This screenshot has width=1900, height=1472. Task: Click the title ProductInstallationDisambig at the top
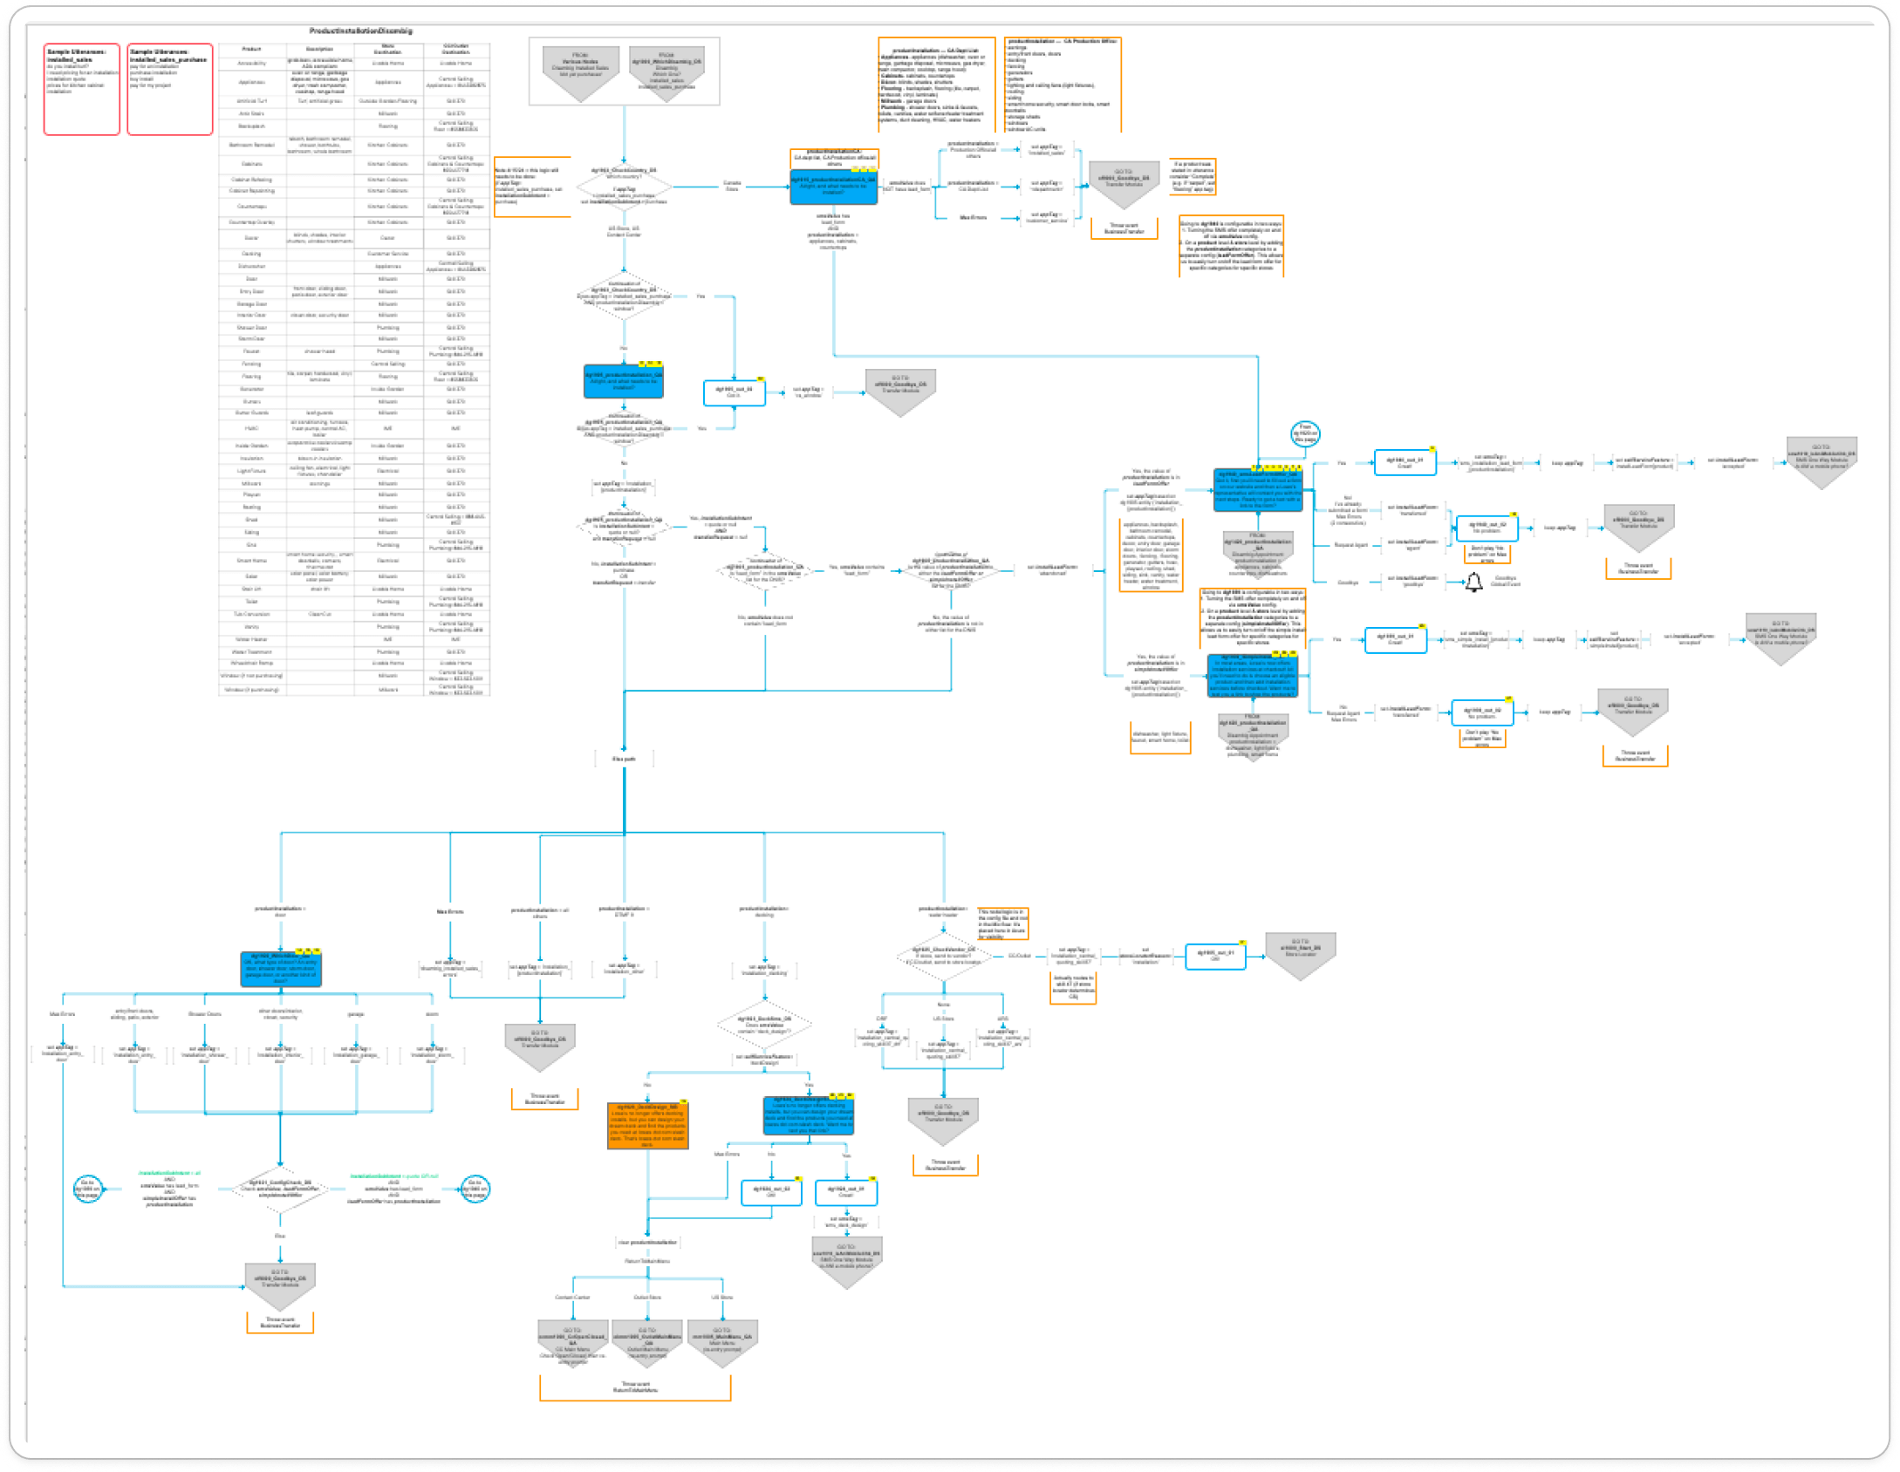[360, 31]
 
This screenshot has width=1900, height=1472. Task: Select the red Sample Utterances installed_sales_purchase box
[170, 89]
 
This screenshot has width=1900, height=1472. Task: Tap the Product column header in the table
[251, 50]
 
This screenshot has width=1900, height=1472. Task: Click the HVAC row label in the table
[251, 428]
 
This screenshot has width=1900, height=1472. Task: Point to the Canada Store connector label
[732, 186]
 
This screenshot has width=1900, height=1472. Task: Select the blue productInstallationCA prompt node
[833, 187]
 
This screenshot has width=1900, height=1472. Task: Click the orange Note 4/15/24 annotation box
[532, 187]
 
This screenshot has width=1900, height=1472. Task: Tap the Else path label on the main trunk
[624, 759]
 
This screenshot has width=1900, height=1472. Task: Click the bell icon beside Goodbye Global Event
[1473, 583]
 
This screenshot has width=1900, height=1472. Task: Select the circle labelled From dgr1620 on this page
[1304, 433]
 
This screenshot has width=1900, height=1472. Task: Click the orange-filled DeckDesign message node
[647, 1125]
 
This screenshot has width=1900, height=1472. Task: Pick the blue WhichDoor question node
[280, 968]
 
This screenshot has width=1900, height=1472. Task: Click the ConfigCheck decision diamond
[280, 1189]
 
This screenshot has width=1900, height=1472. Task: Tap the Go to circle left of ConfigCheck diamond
[88, 1189]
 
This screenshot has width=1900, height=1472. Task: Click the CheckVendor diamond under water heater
[943, 956]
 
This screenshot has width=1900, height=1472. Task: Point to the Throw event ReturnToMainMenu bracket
[635, 1387]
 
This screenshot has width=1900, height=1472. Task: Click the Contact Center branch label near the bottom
[572, 1297]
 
